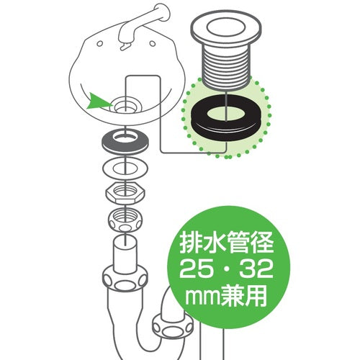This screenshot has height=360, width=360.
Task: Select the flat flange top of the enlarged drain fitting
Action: point(226,31)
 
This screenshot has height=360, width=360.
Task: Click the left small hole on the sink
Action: point(100,44)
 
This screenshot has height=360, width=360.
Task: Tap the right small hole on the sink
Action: point(153,43)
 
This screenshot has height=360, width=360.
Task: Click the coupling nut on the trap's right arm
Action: point(173,327)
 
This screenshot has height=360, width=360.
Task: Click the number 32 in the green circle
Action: point(257,269)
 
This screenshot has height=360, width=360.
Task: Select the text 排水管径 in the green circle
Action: point(227,243)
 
